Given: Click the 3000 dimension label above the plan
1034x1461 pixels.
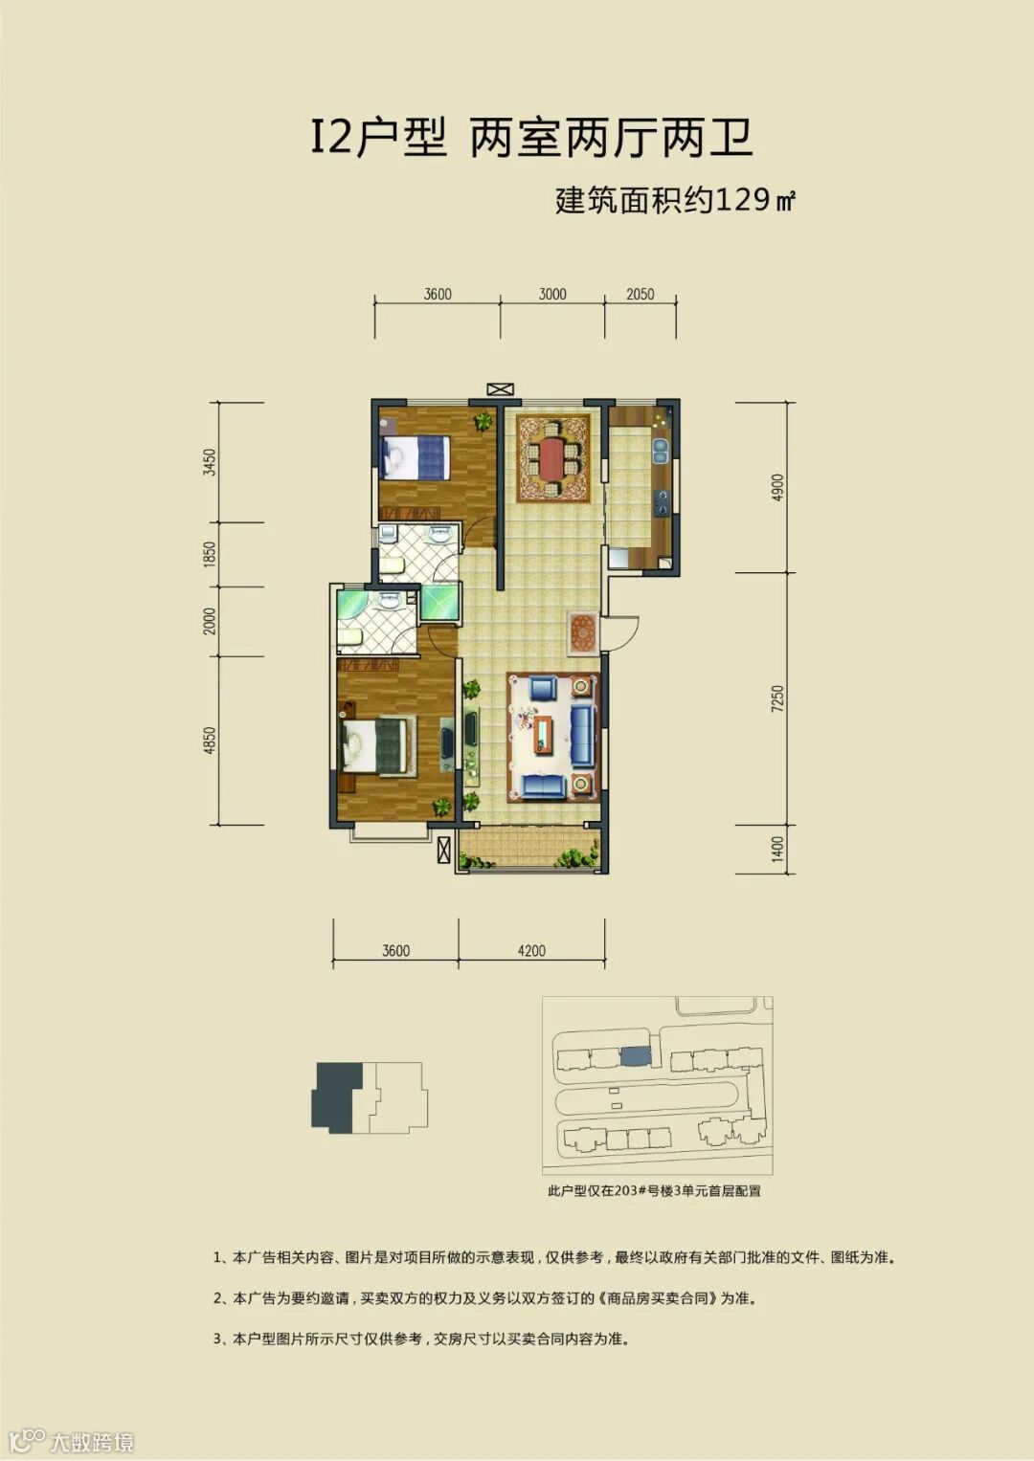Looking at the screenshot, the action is (552, 294).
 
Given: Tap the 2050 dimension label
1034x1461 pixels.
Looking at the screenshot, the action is (640, 294).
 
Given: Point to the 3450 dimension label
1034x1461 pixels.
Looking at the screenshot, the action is (209, 462).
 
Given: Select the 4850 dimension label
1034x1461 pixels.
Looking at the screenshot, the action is (209, 741).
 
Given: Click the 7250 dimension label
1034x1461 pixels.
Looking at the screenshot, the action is (776, 698).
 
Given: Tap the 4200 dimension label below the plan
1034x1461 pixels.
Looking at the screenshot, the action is (531, 951).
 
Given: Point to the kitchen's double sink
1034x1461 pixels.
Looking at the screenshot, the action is (661, 450).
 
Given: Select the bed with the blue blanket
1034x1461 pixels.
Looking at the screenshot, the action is (416, 456).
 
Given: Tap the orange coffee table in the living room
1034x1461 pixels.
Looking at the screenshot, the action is (543, 735).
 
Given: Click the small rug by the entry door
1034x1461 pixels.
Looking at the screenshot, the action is (583, 633).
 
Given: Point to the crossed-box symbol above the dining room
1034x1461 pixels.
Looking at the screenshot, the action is (500, 389).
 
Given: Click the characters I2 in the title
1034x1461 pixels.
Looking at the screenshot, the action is (331, 139).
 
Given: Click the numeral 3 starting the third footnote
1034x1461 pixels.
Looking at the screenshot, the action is (216, 1339).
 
